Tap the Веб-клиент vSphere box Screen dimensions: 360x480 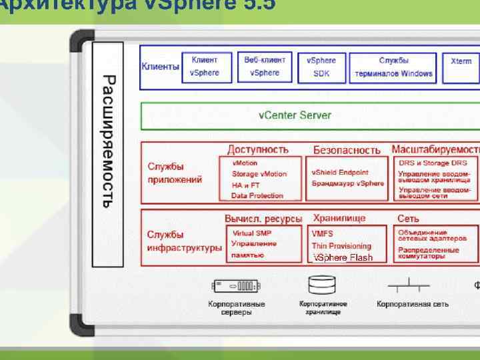point(264,67)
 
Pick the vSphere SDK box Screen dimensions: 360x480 point(321,67)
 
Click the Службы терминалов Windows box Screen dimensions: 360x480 point(393,67)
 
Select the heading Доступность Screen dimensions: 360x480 point(258,149)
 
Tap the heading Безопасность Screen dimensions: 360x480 point(347,150)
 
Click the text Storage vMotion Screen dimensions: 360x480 point(259,174)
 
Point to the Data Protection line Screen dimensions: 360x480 point(257,195)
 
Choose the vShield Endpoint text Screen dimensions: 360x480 point(339,172)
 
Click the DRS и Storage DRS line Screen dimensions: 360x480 point(437,163)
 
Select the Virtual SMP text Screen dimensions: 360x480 point(251,233)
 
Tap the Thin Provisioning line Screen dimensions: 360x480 point(341,245)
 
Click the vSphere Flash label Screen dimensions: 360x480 point(343,257)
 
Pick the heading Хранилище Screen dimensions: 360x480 point(339,218)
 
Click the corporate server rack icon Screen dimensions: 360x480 point(235,286)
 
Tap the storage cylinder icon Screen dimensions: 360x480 point(317,285)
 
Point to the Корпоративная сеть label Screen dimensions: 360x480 point(412,305)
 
